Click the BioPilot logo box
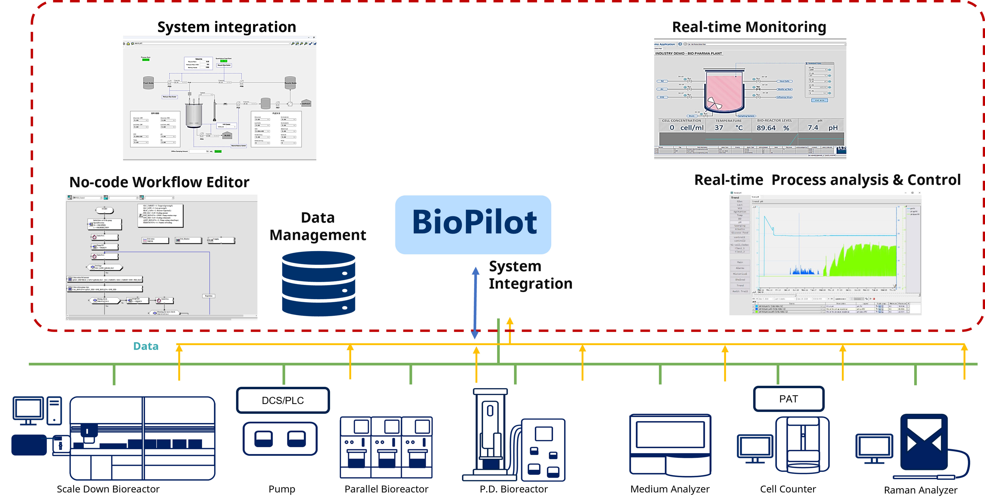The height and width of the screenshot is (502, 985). pos(473,225)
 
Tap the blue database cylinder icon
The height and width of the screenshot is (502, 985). pos(319,283)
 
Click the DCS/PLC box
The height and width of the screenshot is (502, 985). pos(283,400)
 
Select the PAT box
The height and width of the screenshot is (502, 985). pos(788,399)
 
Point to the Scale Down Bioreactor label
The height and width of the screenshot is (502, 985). pos(108,489)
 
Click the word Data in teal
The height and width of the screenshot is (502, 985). pos(146,346)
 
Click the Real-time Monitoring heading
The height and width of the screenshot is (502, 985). pos(749,27)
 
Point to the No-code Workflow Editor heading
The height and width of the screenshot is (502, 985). pos(159,182)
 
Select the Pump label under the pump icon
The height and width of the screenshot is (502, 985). pos(282,489)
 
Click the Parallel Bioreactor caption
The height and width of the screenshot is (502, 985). pos(386,489)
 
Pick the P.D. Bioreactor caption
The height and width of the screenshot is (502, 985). pos(514,489)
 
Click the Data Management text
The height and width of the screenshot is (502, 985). pos(318,226)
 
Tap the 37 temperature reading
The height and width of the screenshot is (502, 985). pos(719,128)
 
